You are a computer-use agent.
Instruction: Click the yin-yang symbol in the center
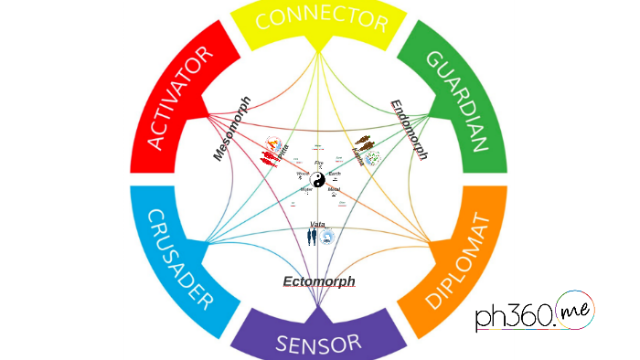coord(317,181)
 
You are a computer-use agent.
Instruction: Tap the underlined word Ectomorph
coord(318,281)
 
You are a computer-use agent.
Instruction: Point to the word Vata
coord(317,224)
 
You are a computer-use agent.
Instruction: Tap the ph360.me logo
coord(534,314)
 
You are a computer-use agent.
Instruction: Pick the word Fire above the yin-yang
coord(318,163)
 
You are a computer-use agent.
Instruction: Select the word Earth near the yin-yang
coord(335,174)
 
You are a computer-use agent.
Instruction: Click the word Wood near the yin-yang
coord(302,174)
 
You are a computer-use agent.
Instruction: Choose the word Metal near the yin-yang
coord(334,189)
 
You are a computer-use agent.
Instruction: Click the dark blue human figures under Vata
coord(312,237)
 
